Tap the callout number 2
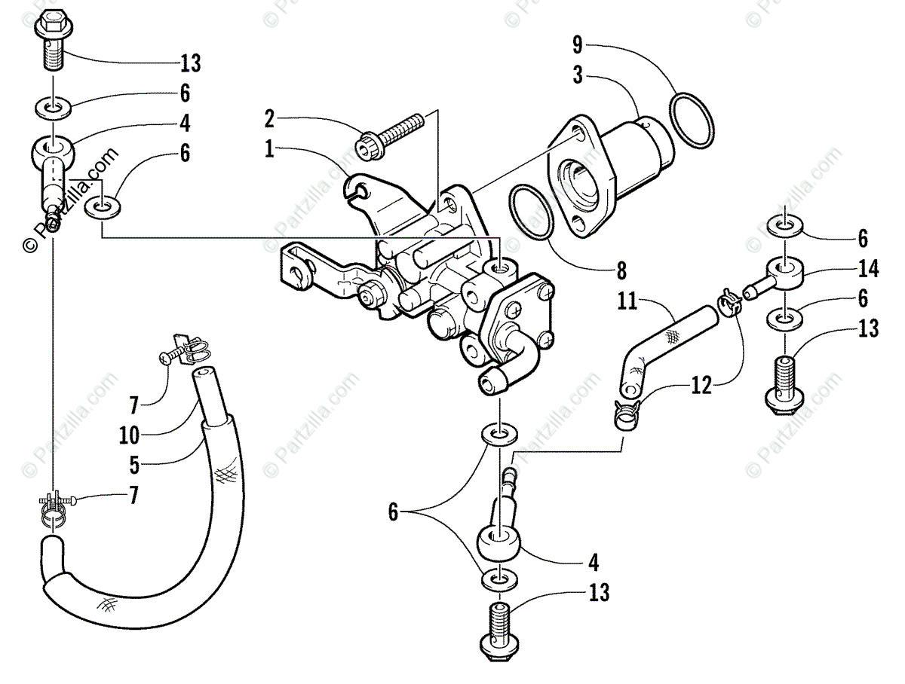click(x=269, y=118)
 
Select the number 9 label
click(x=577, y=45)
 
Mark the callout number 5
click(x=134, y=465)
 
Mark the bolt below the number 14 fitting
click(x=783, y=381)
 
